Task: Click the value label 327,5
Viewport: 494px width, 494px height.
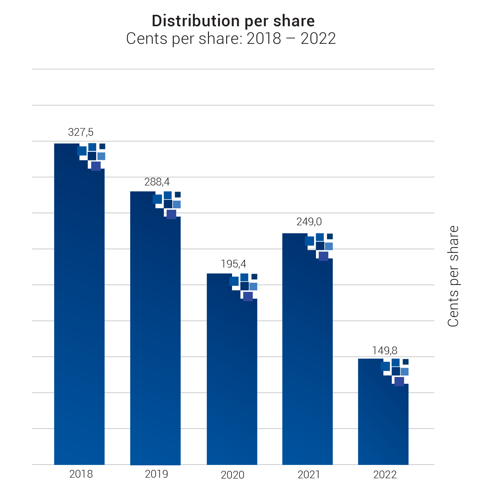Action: point(81,132)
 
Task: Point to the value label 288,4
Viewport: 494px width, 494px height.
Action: point(157,182)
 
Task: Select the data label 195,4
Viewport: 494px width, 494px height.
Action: point(233,264)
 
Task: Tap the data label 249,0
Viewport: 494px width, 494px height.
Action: point(309,222)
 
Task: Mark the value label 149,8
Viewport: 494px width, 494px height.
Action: point(384,351)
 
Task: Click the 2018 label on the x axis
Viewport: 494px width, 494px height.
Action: point(81,474)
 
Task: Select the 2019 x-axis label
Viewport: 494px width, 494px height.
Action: point(156,474)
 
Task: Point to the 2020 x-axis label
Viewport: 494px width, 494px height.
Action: point(232,475)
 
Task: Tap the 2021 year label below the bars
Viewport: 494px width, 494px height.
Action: point(309,475)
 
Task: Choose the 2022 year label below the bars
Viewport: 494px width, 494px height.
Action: point(385,475)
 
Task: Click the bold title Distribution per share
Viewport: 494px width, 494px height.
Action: point(233,21)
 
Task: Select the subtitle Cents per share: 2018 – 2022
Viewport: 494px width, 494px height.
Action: point(231,39)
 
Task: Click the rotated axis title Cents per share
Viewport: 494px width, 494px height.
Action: point(453,276)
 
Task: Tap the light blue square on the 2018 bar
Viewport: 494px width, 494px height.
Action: point(101,156)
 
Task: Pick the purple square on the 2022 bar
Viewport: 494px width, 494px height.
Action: point(399,381)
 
